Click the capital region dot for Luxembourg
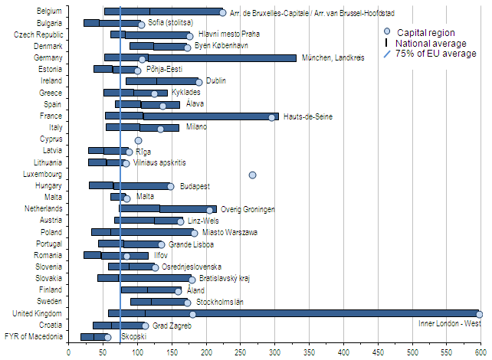(252, 175)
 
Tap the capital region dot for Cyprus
(138, 140)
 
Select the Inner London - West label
(450, 323)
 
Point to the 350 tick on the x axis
(310, 352)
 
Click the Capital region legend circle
(387, 32)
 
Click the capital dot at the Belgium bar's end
(222, 12)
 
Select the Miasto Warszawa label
(230, 232)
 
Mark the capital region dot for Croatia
(146, 326)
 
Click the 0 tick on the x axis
(69, 352)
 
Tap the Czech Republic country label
(38, 35)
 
